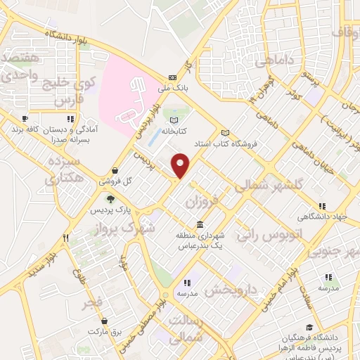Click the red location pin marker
click(181, 165)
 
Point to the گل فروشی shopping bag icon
click(115, 170)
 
